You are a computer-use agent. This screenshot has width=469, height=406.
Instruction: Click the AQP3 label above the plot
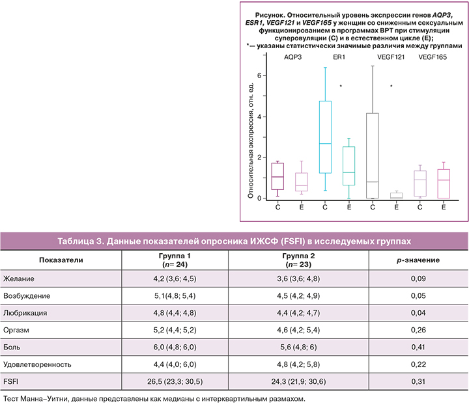[x=292, y=58]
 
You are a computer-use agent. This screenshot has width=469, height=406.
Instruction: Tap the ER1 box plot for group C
[x=325, y=137]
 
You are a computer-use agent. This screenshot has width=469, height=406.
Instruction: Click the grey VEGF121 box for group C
[x=373, y=156]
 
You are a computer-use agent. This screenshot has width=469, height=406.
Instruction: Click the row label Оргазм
[x=18, y=329]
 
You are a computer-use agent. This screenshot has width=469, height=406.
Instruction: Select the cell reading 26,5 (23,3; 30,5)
[x=175, y=380]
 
